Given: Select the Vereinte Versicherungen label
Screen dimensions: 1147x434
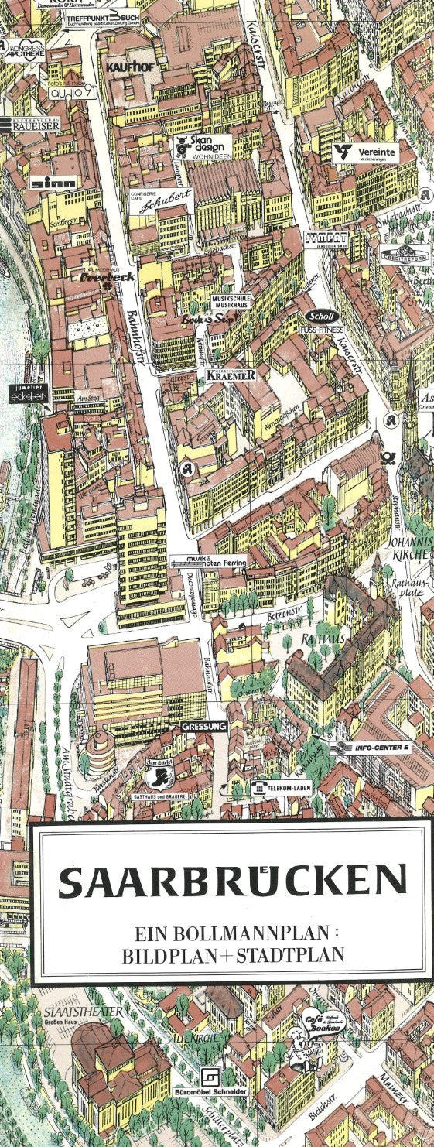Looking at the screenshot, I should tap(365, 153).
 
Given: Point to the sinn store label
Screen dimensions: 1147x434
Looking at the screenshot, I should tap(53, 183).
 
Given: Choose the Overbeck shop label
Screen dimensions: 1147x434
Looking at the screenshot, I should tap(108, 276).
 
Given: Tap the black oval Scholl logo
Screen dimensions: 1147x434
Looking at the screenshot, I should tap(319, 316).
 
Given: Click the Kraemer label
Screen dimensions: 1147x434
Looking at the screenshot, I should tap(231, 375).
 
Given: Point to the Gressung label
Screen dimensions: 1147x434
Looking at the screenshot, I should tap(204, 727).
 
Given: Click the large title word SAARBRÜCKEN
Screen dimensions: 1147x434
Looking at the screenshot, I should tap(232, 881).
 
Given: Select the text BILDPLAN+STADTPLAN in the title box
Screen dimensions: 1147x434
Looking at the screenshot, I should tap(232, 955).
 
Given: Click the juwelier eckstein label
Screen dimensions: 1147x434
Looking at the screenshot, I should tap(29, 392).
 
